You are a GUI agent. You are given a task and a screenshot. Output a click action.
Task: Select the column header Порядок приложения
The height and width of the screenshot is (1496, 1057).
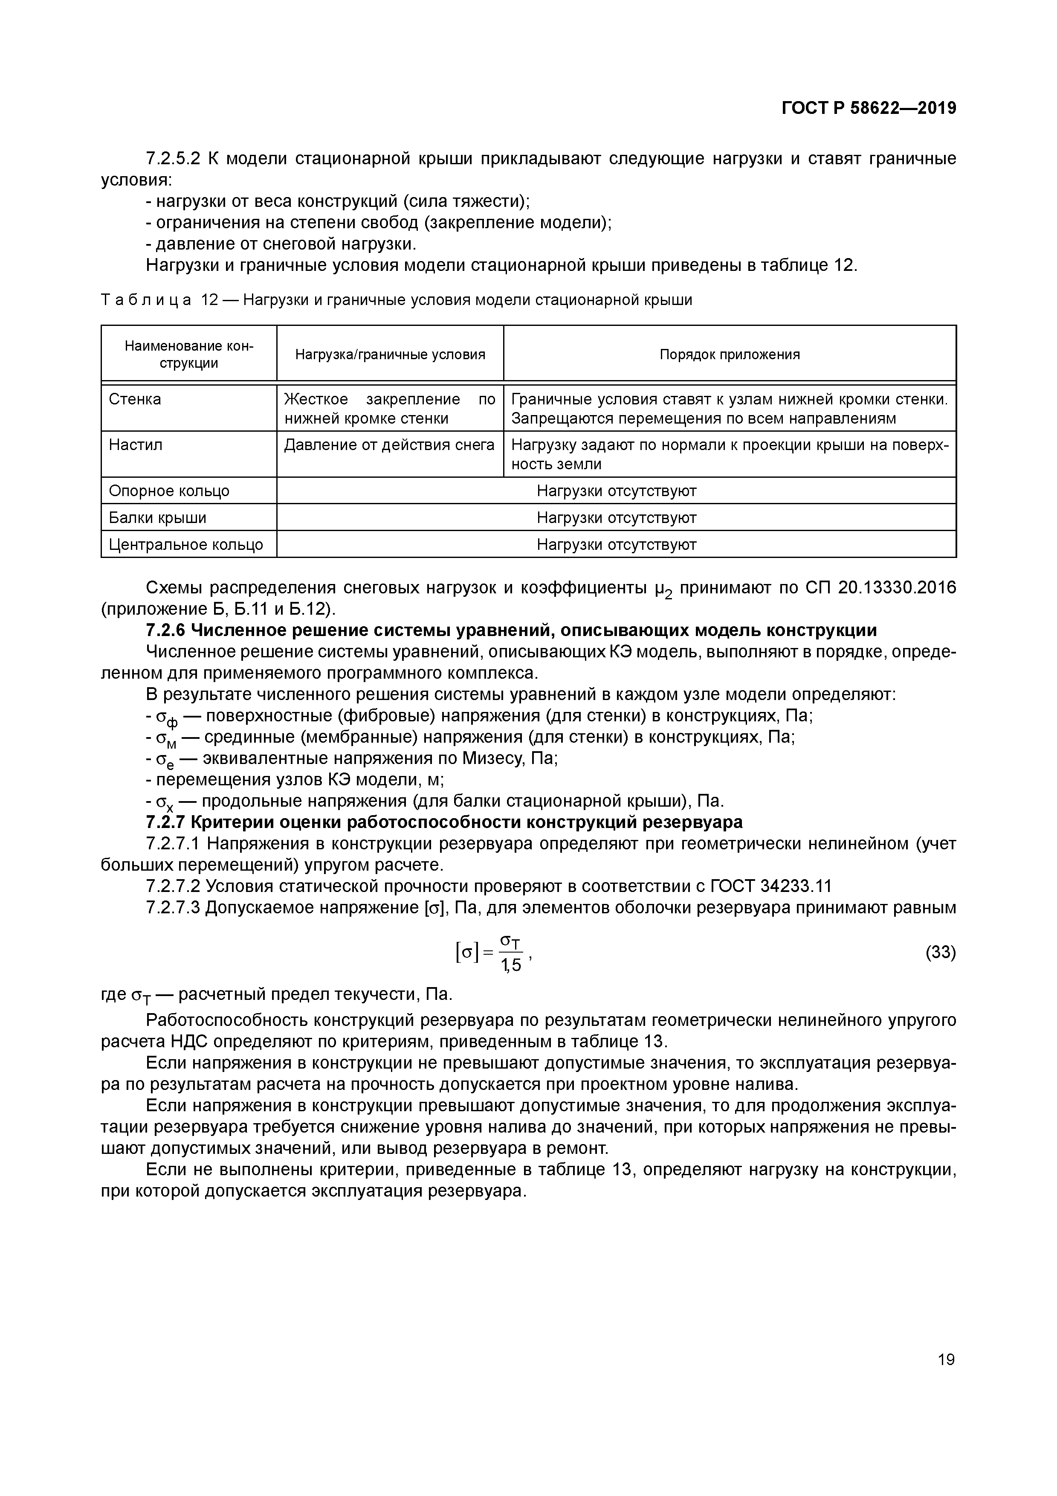[730, 354]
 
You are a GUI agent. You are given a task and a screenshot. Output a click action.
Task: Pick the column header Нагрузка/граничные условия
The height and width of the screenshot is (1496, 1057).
[390, 354]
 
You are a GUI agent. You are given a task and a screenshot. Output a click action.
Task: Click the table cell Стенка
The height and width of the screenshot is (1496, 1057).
[135, 399]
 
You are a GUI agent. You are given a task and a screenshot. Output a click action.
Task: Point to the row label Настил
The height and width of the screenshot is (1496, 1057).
[136, 445]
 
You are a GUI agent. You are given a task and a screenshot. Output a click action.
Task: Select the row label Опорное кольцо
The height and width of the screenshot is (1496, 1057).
[169, 491]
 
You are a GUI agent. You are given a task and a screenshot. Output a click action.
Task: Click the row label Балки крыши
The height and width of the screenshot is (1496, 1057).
[158, 518]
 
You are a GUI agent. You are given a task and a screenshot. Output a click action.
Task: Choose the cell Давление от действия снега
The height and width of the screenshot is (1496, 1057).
[389, 445]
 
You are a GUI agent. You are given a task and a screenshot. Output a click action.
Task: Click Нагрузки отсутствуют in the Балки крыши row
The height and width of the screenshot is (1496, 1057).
[616, 518]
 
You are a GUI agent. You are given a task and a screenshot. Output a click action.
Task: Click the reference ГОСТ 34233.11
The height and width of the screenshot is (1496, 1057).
[770, 886]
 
